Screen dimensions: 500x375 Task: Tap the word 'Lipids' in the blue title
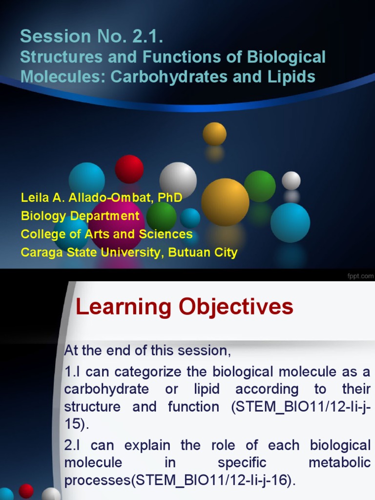tap(293, 77)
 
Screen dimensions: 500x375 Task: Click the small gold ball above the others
tap(214, 133)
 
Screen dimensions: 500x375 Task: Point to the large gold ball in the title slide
tap(225, 202)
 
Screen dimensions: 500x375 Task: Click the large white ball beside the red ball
tap(178, 179)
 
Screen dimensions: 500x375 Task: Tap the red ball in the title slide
tap(129, 169)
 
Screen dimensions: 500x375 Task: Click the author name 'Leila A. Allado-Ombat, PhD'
tap(102, 198)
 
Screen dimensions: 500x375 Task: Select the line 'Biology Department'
tap(80, 216)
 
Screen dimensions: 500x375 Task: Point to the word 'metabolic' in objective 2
tap(340, 462)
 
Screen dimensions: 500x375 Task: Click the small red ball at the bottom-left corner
tap(26, 491)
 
